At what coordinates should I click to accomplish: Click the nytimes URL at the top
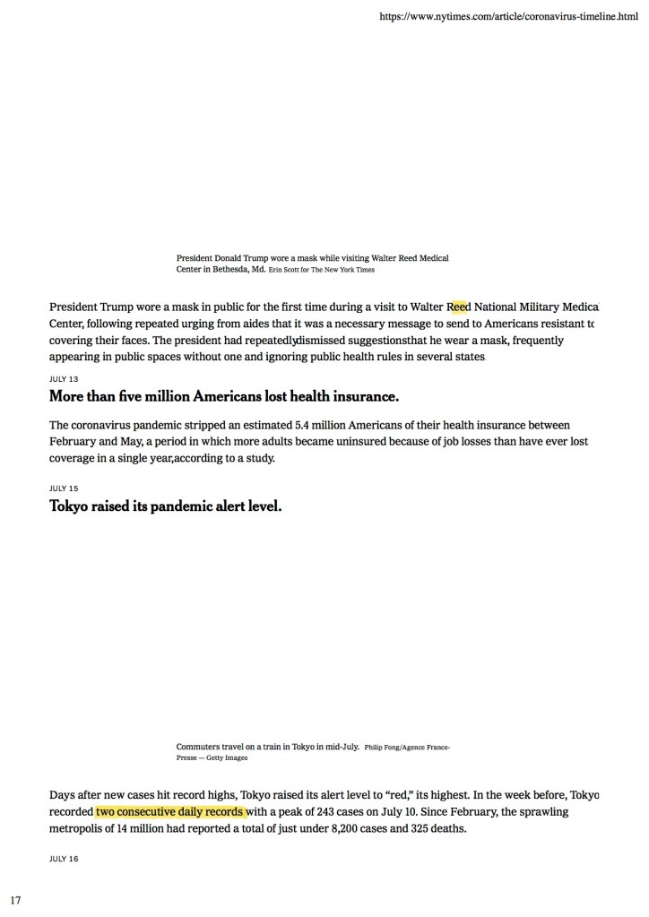(508, 17)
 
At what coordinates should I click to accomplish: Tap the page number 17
(16, 898)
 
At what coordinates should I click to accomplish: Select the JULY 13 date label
(63, 379)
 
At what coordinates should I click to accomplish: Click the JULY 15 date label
(63, 489)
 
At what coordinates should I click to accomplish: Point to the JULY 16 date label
(63, 859)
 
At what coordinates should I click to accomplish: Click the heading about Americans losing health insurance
(224, 396)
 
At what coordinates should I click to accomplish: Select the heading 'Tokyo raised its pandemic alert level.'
(166, 506)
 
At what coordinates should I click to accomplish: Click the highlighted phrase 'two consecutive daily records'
(170, 812)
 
